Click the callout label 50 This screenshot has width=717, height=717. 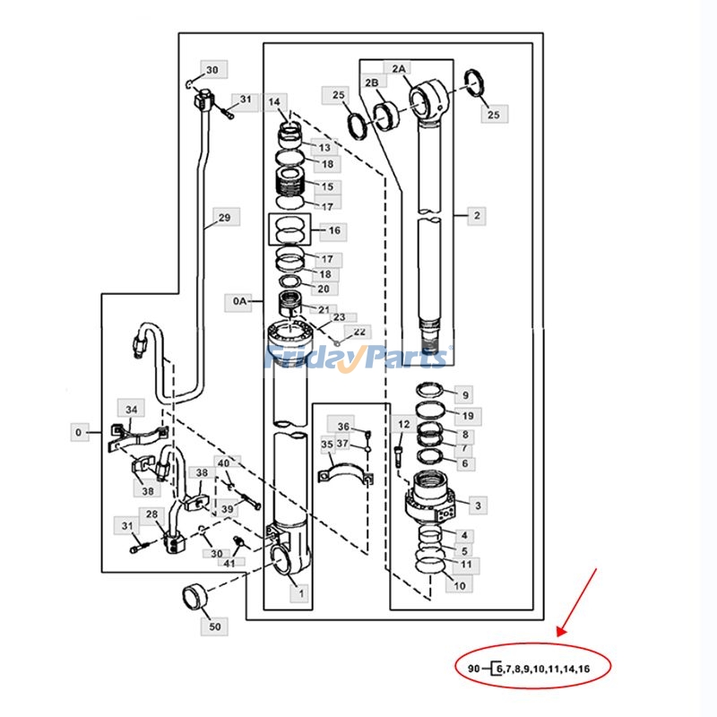pyautogui.click(x=214, y=626)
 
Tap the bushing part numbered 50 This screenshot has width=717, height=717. pyautogui.click(x=194, y=597)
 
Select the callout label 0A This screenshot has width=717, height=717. pyautogui.click(x=238, y=301)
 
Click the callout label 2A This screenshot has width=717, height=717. pyautogui.click(x=398, y=69)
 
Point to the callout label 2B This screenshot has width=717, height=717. pyautogui.click(x=373, y=82)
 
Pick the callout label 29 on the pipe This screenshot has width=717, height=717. pyautogui.click(x=224, y=218)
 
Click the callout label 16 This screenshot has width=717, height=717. pyautogui.click(x=334, y=230)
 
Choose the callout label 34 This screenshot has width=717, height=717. pyautogui.click(x=131, y=409)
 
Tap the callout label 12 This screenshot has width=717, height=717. pyautogui.click(x=404, y=424)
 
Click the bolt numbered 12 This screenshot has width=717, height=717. pyautogui.click(x=397, y=456)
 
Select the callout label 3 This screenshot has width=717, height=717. pyautogui.click(x=478, y=505)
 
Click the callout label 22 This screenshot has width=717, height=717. pyautogui.click(x=359, y=332)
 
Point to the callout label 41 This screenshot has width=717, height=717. pyautogui.click(x=229, y=563)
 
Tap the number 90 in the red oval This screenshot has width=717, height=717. pyautogui.click(x=474, y=669)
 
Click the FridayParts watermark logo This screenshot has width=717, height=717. pyautogui.click(x=358, y=357)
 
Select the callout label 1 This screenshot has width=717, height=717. pyautogui.click(x=300, y=593)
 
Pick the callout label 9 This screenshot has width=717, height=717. pyautogui.click(x=465, y=395)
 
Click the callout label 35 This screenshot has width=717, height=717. pyautogui.click(x=327, y=445)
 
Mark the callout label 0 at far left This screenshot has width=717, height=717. pyautogui.click(x=79, y=432)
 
